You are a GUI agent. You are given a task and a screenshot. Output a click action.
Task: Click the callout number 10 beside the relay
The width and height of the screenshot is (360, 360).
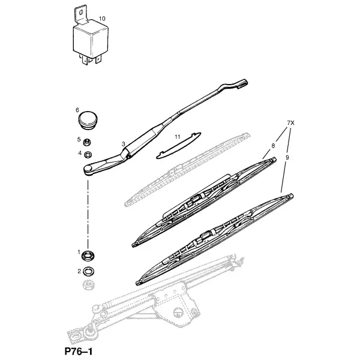point(102,19)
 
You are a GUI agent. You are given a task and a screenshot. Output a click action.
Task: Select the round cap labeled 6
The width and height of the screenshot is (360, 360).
point(88,121)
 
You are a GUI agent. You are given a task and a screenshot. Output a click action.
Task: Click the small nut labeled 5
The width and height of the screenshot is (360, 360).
point(87,142)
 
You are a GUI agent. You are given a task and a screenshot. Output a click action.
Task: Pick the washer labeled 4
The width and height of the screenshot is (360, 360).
point(88,155)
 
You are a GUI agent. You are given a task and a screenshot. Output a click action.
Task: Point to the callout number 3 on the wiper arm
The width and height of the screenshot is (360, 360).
point(124,144)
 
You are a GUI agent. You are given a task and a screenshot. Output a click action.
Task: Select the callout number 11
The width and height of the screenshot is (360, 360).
point(177,137)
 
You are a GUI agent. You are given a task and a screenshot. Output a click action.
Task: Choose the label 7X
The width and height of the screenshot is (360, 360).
point(290,123)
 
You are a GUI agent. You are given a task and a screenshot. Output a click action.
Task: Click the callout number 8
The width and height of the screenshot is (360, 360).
point(273,146)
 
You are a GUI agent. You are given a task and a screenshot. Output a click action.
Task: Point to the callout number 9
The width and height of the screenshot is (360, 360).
point(287,157)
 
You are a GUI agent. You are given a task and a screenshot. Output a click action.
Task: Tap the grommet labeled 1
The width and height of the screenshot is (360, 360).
point(88,256)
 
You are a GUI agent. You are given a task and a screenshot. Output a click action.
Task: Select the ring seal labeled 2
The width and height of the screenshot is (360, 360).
point(89,272)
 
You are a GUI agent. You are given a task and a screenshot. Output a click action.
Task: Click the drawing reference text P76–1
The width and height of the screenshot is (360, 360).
point(79,352)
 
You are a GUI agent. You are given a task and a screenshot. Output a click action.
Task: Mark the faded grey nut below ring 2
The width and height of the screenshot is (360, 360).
point(88,286)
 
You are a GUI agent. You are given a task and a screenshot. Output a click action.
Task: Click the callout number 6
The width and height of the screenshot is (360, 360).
point(77,110)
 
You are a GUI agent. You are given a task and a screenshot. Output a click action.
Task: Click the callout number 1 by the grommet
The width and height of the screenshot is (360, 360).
point(79,252)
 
